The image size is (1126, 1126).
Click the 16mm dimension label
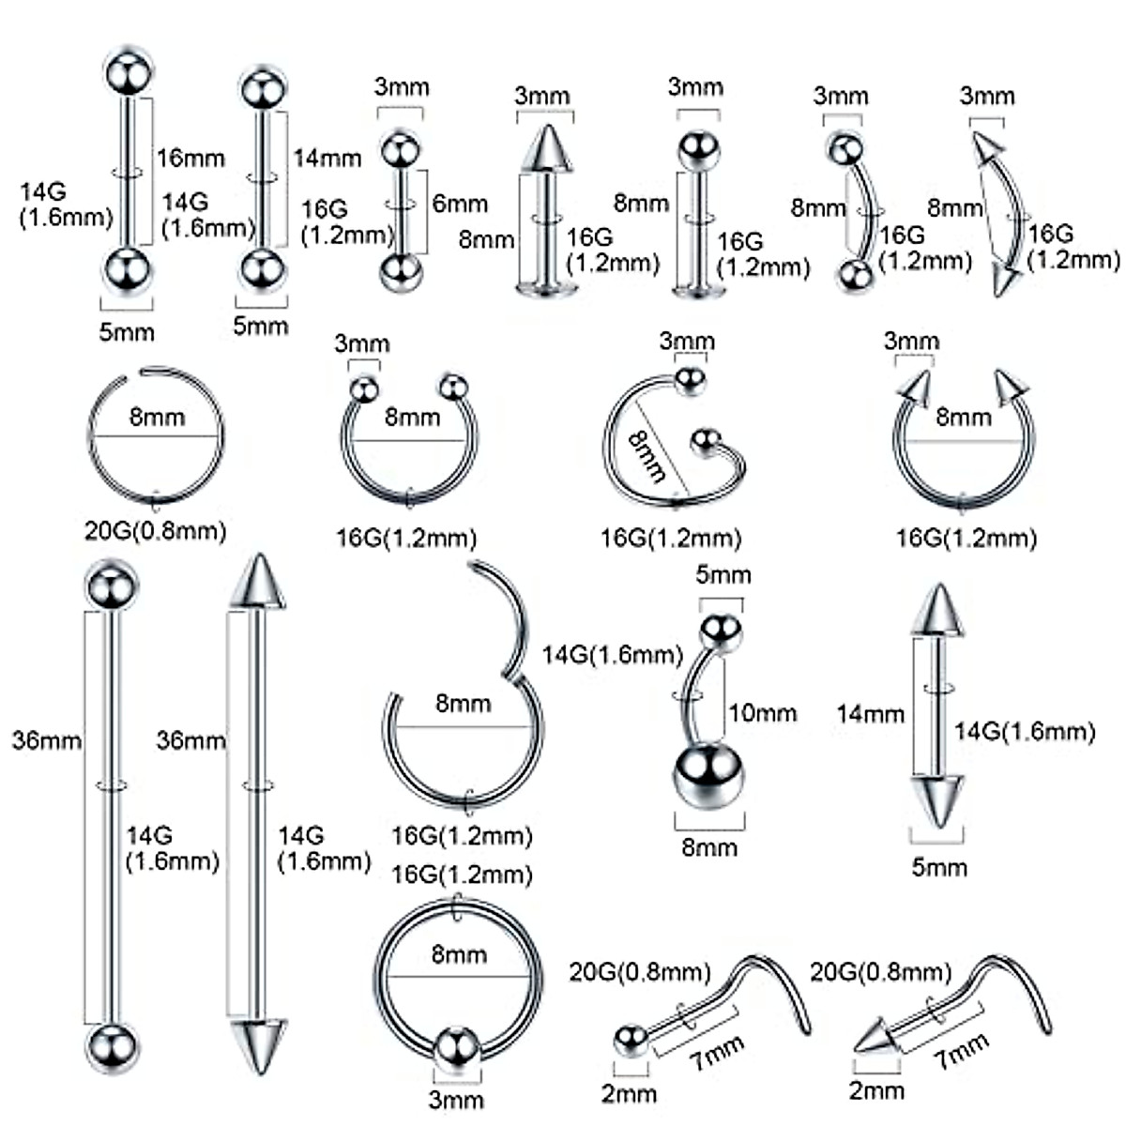point(190,158)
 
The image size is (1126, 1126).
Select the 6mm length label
point(460,203)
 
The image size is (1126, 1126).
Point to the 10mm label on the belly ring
point(762,713)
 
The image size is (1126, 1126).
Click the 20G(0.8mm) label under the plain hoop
point(156,531)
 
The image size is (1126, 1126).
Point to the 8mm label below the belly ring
point(709,848)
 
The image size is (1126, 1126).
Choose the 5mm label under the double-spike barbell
point(939,867)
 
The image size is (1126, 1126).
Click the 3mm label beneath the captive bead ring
point(457,1099)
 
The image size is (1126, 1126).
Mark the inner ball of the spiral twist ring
point(705,442)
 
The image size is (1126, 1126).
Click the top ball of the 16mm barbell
point(128,68)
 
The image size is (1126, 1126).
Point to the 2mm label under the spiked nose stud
point(876,1090)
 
